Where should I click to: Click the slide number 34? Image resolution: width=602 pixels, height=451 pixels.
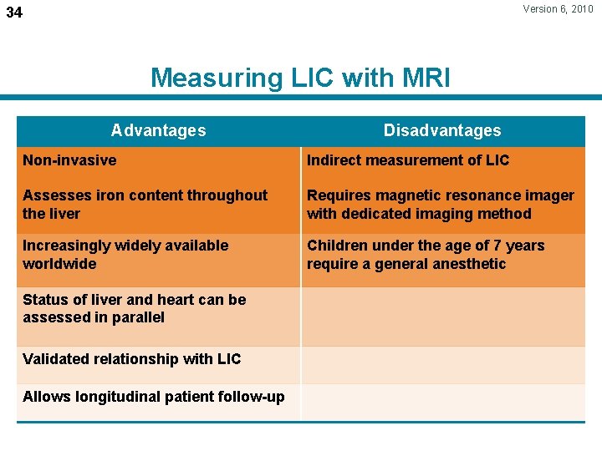click(x=14, y=13)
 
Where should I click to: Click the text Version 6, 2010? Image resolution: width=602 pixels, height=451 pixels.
click(x=558, y=9)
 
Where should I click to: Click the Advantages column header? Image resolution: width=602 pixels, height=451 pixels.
click(x=158, y=130)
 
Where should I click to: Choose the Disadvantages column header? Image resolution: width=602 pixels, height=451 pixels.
click(x=442, y=130)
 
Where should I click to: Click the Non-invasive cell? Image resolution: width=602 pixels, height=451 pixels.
click(x=69, y=160)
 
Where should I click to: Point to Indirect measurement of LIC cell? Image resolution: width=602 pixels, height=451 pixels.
click(x=408, y=160)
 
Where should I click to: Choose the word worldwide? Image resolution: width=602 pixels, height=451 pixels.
click(x=59, y=264)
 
